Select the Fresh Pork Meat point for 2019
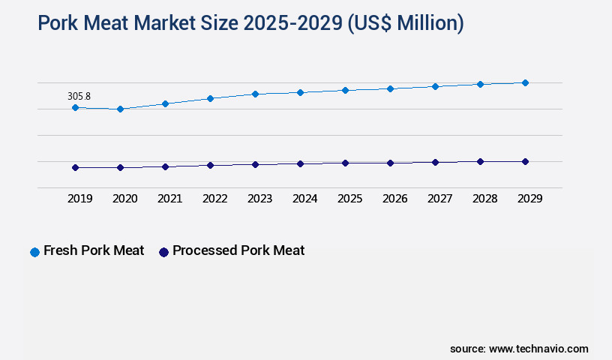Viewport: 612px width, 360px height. [75, 108]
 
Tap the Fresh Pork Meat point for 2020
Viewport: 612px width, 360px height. [120, 109]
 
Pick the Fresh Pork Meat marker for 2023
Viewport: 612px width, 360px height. [255, 94]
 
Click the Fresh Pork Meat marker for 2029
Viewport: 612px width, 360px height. [525, 82]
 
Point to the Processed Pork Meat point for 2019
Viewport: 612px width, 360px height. [75, 168]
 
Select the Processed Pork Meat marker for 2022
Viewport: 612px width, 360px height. [210, 165]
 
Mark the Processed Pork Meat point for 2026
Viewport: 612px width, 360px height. [390, 163]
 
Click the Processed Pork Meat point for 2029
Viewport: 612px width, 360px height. [525, 161]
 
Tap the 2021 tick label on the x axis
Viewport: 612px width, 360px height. [169, 199]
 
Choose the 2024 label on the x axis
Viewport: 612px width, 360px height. [304, 199]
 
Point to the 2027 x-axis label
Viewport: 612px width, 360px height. [439, 199]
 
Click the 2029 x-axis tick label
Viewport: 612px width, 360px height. [529, 199]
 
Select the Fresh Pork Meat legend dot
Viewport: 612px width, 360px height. [34, 252]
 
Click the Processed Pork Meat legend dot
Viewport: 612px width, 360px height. [163, 252]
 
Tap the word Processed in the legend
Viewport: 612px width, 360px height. [205, 250]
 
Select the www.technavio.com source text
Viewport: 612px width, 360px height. [538, 349]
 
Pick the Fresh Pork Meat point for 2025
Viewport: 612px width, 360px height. [345, 90]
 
